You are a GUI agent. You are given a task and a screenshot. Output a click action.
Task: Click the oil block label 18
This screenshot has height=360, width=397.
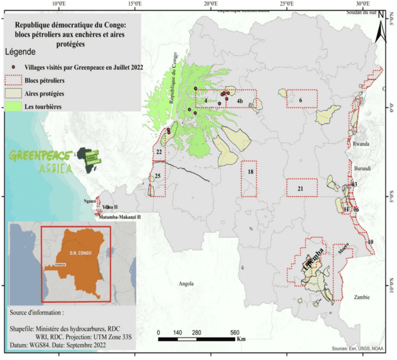250,172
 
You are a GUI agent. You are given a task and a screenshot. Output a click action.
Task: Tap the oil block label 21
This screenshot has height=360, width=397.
300,189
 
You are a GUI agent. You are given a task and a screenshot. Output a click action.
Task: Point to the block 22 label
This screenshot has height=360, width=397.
159,152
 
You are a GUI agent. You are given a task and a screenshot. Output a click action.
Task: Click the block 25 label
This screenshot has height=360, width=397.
158,176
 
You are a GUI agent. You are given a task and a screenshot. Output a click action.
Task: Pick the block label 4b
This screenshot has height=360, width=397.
240,100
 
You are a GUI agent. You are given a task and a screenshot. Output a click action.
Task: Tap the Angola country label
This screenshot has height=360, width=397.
186,283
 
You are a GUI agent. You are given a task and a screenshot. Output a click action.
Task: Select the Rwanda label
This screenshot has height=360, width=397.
361,144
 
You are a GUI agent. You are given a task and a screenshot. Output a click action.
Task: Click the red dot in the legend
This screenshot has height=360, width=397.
13,67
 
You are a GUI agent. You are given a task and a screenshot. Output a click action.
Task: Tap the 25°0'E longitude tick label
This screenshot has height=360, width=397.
286,4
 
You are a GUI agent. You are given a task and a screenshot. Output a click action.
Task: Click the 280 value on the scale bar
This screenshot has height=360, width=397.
197,333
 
